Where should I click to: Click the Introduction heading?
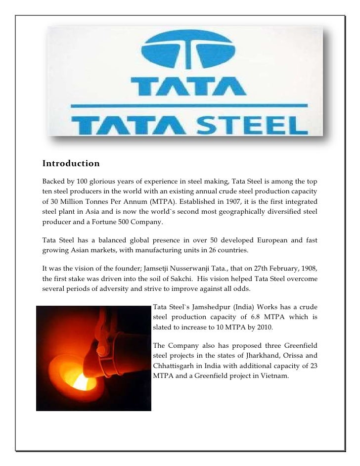click(x=71, y=164)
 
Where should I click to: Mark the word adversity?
click(x=116, y=290)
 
